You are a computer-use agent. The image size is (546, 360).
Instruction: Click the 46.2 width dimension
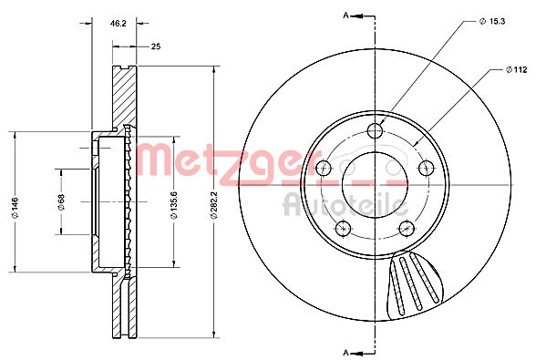pyautogui.click(x=118, y=24)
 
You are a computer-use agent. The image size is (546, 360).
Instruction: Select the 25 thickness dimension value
pyautogui.click(x=156, y=46)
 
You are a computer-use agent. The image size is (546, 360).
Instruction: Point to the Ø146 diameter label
pyautogui.click(x=15, y=208)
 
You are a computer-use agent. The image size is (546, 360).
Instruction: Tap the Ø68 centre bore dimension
pyautogui.click(x=61, y=202)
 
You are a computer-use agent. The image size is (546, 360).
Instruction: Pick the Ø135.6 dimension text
pyautogui.click(x=174, y=205)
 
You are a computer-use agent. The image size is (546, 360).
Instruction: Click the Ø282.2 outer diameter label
pyautogui.click(x=213, y=205)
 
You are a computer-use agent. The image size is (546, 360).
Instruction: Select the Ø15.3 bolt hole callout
pyautogui.click(x=492, y=21)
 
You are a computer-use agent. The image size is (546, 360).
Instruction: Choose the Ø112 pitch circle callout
pyautogui.click(x=517, y=69)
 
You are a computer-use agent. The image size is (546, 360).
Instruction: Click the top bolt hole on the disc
pyautogui.click(x=375, y=131)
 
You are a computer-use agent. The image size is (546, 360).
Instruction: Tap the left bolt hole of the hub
pyautogui.click(x=324, y=169)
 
